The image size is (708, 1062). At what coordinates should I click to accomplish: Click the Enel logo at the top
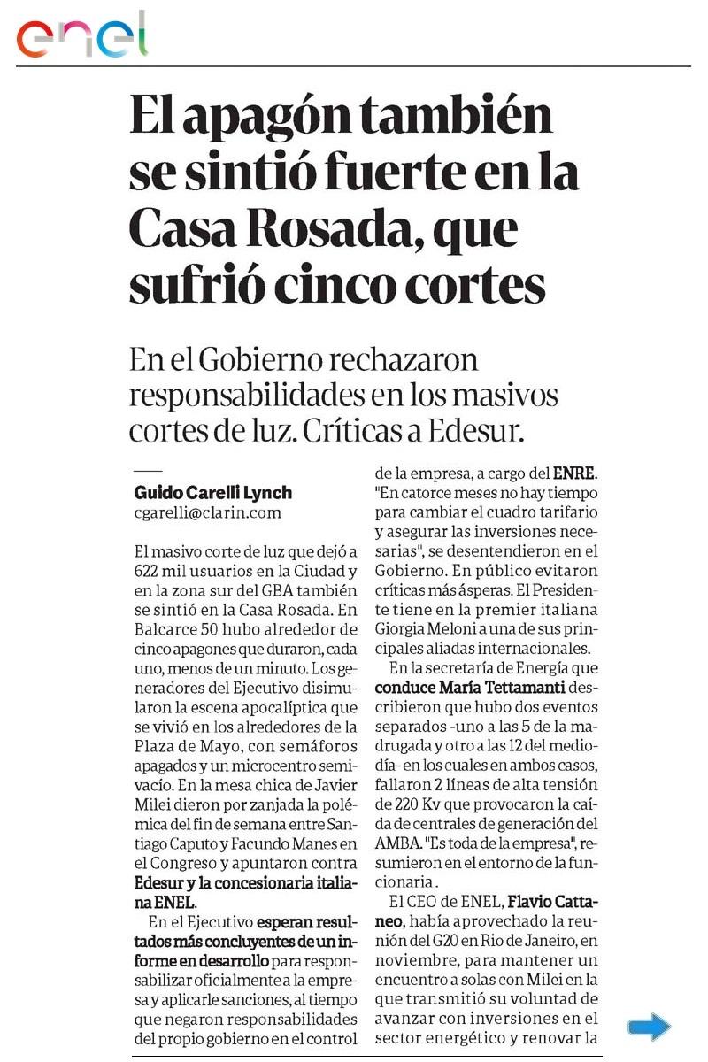(x=81, y=35)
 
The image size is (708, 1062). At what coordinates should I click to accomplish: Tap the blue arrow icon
(x=649, y=1027)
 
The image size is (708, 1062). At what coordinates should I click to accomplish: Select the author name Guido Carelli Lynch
(x=212, y=493)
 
